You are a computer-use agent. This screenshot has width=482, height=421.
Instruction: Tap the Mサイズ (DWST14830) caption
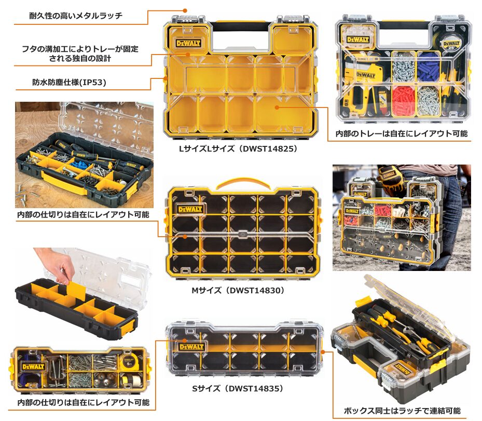238,290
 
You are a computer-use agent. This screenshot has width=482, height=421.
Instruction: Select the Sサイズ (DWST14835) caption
238,389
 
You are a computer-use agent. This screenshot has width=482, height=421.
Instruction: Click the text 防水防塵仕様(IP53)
69,83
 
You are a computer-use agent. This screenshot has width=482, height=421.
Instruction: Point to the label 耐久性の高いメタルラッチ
76,16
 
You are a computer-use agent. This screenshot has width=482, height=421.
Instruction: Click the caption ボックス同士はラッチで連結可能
402,411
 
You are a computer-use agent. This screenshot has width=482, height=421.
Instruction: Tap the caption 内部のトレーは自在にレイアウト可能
402,134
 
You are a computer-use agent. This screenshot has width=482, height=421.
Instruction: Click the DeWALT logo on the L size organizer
188,43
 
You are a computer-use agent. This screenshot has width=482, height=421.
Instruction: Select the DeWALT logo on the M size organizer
190,210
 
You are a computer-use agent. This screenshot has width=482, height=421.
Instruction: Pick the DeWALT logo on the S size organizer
191,347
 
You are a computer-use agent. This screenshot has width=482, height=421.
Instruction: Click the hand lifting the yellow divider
54,264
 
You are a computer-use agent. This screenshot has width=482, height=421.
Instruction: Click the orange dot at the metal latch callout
185,10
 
